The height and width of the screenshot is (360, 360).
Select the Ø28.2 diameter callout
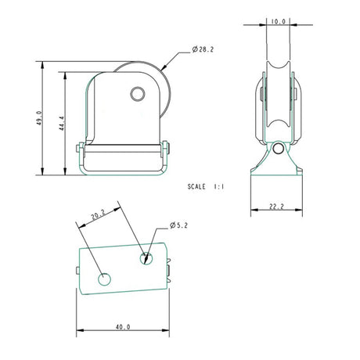[203, 51]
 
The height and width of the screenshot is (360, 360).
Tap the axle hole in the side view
[137, 95]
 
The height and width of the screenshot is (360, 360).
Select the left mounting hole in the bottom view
[103, 278]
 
